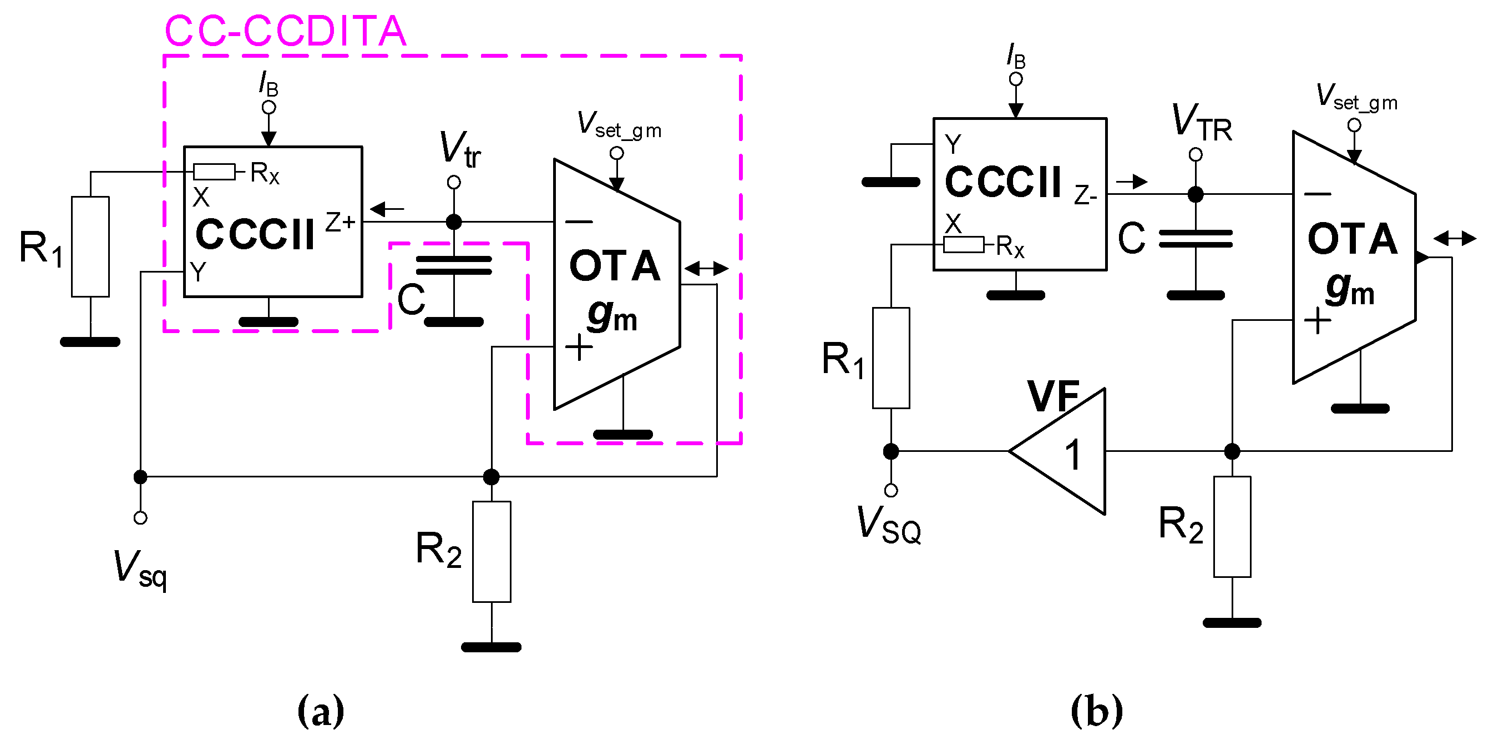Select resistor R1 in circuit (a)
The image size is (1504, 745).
point(90,246)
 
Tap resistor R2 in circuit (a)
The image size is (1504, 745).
point(491,551)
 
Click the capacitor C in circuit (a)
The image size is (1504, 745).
point(454,265)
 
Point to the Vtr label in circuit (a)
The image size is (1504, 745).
point(459,149)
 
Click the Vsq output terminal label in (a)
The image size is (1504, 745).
point(140,570)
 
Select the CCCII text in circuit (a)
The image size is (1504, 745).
point(255,235)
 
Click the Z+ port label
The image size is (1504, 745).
point(341,222)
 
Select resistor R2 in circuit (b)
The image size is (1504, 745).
point(1232,526)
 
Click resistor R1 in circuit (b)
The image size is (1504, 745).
point(890,358)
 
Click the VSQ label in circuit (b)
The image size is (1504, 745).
point(889,524)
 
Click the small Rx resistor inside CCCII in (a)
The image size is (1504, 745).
point(214,172)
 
